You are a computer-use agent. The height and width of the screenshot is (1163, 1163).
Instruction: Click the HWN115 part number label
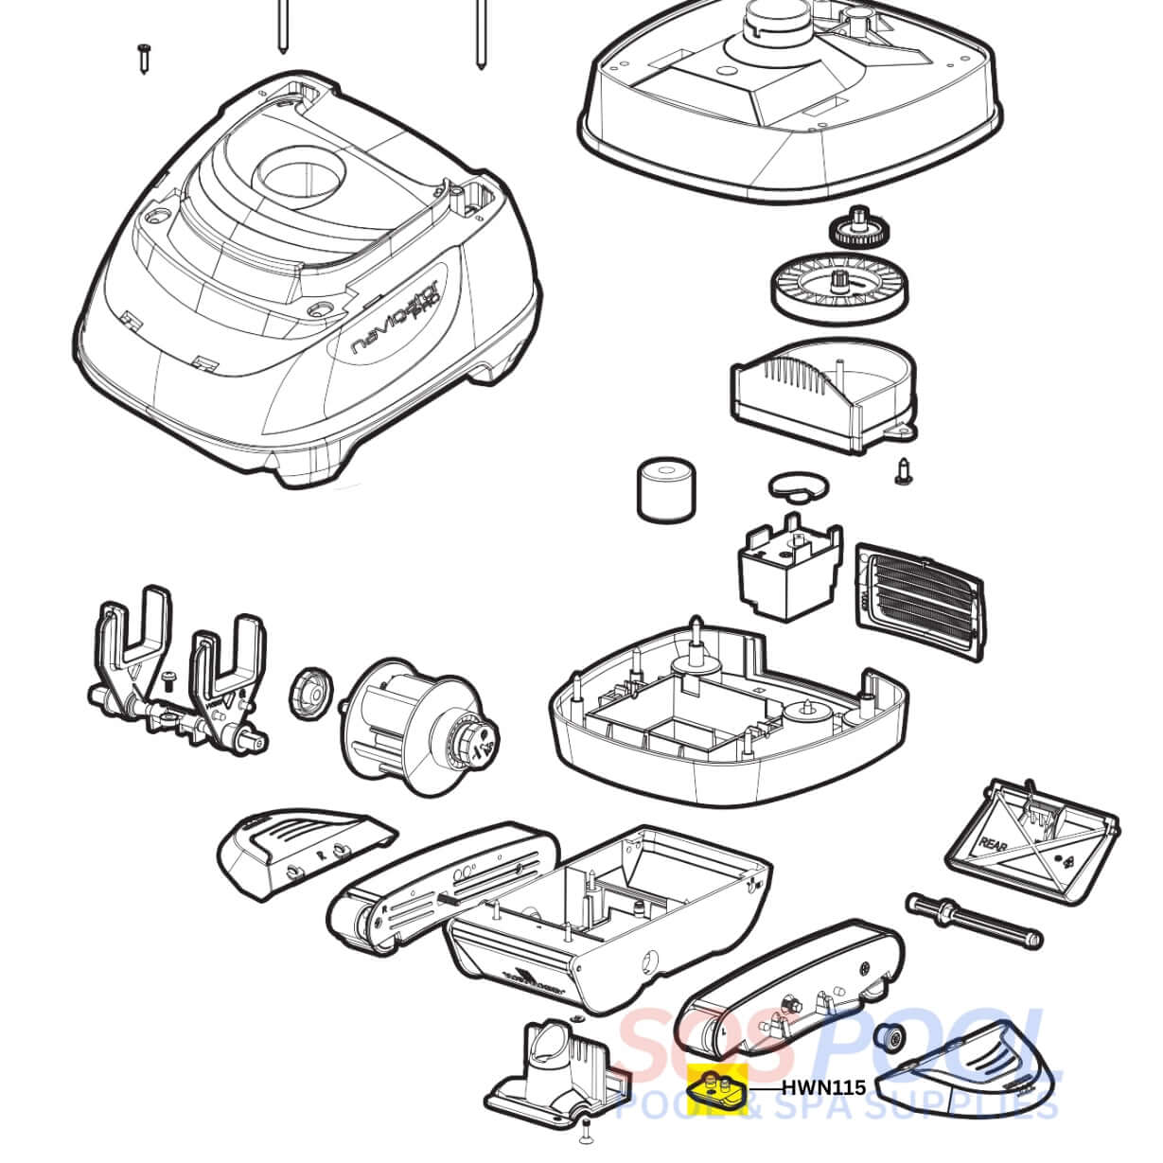(x=823, y=1088)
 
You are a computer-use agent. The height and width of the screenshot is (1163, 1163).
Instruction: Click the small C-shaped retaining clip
(x=797, y=485)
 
